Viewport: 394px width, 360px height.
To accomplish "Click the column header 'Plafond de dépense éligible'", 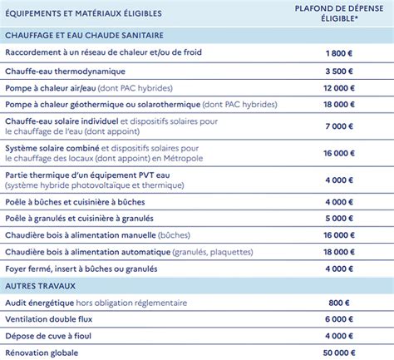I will [337, 13].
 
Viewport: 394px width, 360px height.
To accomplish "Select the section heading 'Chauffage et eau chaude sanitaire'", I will [83, 36].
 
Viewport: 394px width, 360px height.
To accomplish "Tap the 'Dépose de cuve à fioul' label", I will [52, 336].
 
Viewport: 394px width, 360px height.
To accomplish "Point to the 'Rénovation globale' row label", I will [44, 353].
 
